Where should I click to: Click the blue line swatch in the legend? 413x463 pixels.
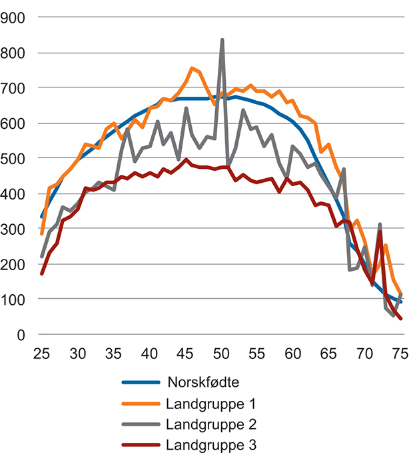click(141, 384)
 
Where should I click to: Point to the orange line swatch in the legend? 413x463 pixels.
click(141, 404)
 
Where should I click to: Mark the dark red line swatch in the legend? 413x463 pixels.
click(141, 446)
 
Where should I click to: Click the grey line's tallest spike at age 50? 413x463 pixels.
click(222, 40)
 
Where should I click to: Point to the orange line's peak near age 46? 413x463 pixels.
click(193, 68)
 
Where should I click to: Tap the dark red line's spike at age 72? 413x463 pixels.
click(380, 232)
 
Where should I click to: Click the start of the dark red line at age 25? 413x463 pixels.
click(41, 274)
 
